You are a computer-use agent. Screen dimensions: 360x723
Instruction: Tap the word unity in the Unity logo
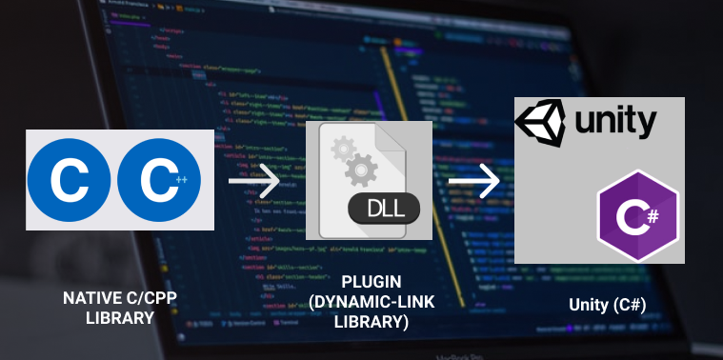click(614, 122)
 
